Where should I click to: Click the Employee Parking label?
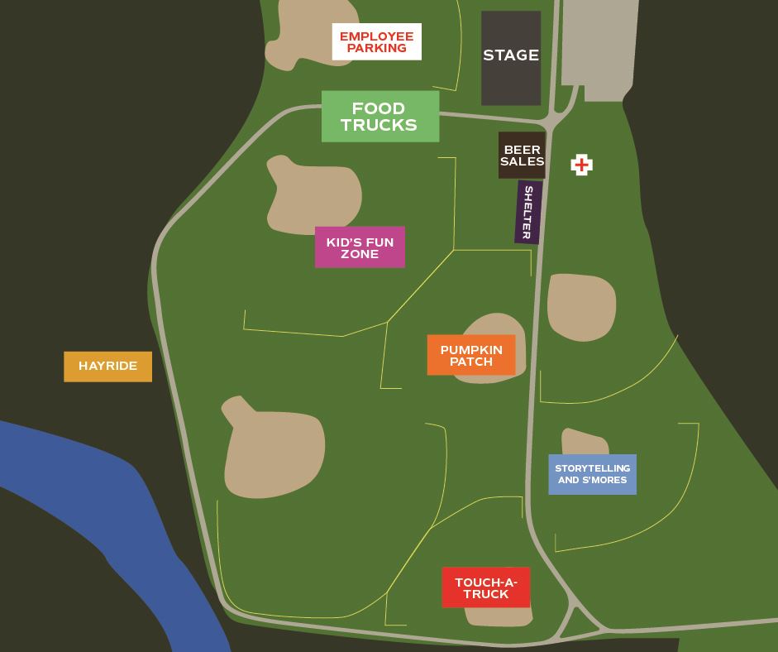click(376, 41)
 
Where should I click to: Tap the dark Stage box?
click(511, 57)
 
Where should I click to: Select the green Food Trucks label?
click(379, 117)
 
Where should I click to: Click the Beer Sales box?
click(522, 156)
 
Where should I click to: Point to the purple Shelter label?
click(527, 213)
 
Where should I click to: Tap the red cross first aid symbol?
click(582, 165)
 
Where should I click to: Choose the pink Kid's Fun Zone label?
click(360, 247)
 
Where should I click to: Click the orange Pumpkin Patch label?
click(471, 356)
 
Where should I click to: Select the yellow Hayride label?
click(107, 366)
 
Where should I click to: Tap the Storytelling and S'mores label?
click(592, 474)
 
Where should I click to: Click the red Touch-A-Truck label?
click(485, 588)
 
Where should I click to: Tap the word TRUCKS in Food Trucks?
click(379, 126)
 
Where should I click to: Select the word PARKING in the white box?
click(376, 49)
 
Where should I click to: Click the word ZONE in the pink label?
click(360, 254)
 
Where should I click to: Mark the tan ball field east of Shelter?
click(581, 305)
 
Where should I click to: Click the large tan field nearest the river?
click(273, 451)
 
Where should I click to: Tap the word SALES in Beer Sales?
click(522, 162)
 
